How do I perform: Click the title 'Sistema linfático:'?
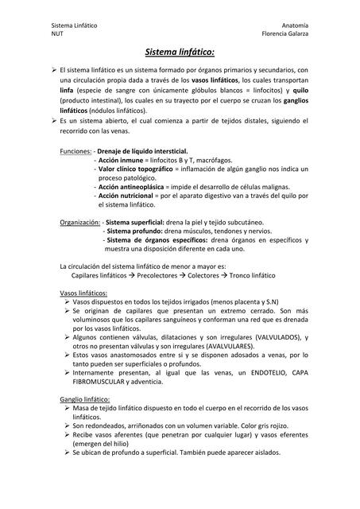click(180, 52)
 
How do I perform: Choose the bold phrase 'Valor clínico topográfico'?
click(135, 169)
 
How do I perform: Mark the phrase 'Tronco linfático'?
click(252, 275)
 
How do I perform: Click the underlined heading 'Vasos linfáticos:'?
click(83, 293)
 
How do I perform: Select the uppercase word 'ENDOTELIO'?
click(251, 373)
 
